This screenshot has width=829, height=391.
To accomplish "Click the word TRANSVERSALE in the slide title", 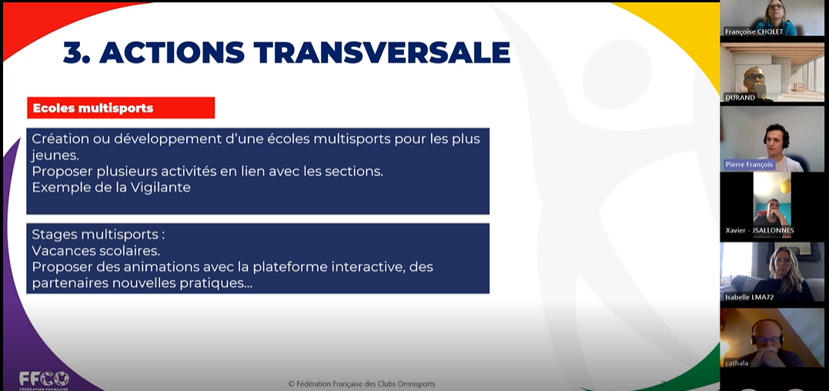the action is click(382, 52).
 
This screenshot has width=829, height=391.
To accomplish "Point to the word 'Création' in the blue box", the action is click(55, 139).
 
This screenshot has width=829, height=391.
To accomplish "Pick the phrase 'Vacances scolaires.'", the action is click(95, 250).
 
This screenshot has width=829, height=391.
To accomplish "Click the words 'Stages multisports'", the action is click(95, 234).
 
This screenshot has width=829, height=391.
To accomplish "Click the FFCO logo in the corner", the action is click(44, 379).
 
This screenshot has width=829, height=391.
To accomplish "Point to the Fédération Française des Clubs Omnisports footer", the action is click(362, 384).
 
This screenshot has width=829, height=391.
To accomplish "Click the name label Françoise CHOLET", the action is click(754, 32).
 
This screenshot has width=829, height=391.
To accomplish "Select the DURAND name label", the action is click(740, 98).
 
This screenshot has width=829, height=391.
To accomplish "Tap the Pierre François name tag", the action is click(749, 164).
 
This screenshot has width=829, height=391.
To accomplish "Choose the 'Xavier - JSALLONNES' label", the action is click(760, 230).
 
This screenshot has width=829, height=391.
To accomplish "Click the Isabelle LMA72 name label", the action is click(749, 297).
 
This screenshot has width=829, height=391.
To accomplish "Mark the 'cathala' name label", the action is click(737, 363).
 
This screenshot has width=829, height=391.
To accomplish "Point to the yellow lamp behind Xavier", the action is click(785, 186).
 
